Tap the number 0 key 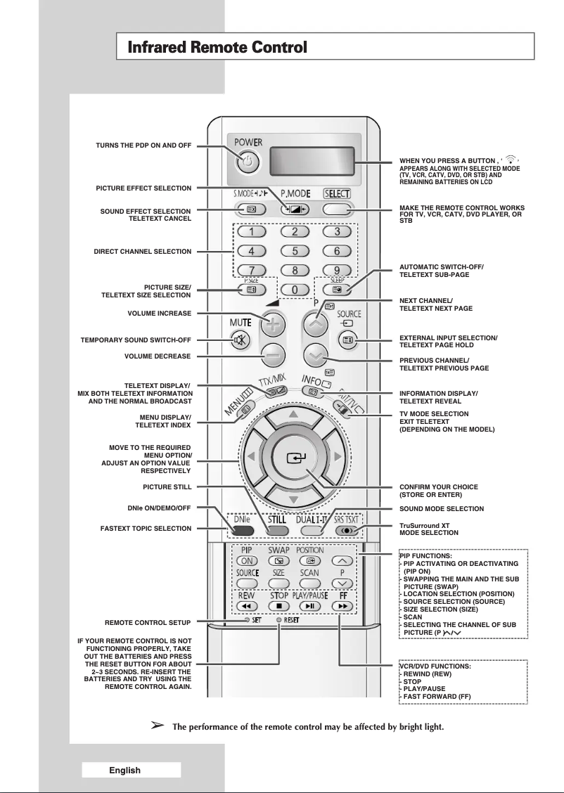pyautogui.click(x=295, y=290)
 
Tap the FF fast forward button pyautogui.click(x=342, y=605)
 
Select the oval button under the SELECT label pyautogui.click(x=336, y=209)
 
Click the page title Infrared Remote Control pyautogui.click(x=217, y=48)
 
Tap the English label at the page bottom pyautogui.click(x=124, y=770)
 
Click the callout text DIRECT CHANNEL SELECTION pyautogui.click(x=143, y=251)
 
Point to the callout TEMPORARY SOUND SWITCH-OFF pyautogui.click(x=136, y=340)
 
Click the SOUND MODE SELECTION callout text pyautogui.click(x=441, y=508)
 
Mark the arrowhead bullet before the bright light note pyautogui.click(x=158, y=724)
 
